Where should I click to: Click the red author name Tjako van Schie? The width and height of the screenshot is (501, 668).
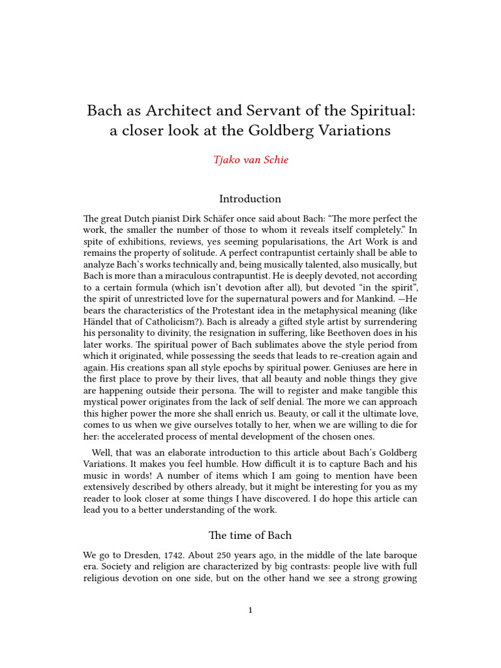tap(250, 160)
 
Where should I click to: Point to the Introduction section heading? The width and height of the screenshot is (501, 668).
tap(250, 199)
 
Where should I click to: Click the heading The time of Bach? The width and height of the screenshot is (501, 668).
tap(250, 536)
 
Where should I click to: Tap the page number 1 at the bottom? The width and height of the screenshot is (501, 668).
tap(250, 611)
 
